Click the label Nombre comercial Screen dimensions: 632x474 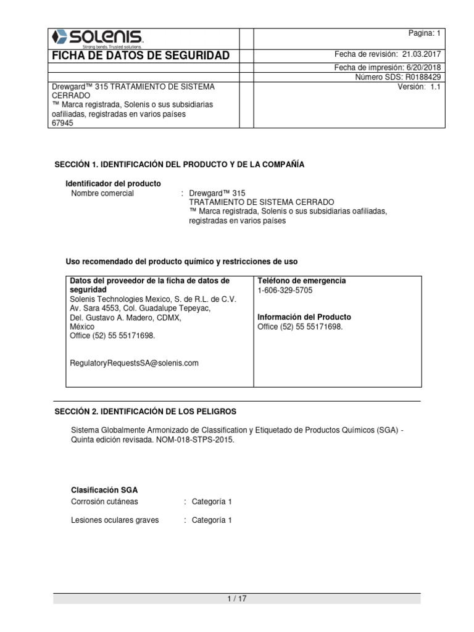coord(102,193)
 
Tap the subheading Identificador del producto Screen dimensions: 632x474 coord(113,183)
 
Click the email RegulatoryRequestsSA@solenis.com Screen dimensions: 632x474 coord(135,364)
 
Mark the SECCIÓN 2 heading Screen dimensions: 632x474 coord(146,411)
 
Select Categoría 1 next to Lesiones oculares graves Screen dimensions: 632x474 coord(212,520)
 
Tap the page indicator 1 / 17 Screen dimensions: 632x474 coord(237,599)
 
